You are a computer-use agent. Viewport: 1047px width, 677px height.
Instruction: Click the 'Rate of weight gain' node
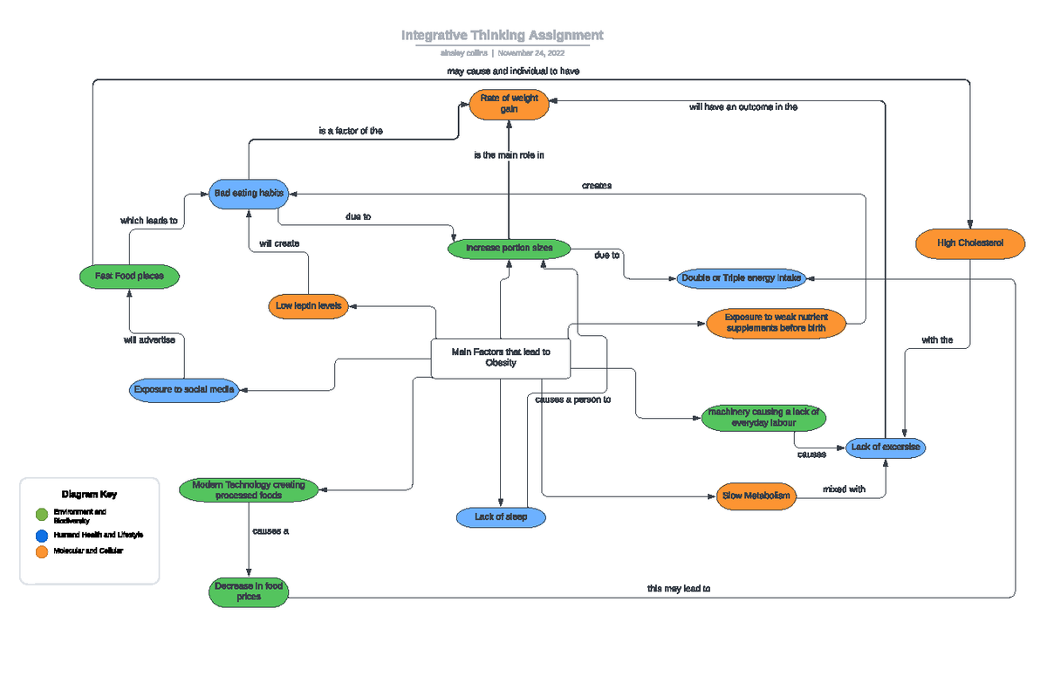[509, 104]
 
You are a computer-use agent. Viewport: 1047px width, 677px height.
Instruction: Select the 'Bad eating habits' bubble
[249, 193]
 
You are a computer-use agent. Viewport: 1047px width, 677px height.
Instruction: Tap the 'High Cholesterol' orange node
[970, 243]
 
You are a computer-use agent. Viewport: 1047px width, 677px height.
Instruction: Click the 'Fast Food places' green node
[129, 277]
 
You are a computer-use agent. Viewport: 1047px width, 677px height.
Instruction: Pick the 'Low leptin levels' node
[308, 305]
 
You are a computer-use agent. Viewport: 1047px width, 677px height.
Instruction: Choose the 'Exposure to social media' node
[183, 390]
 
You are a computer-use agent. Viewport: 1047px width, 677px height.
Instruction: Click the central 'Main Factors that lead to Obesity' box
[501, 358]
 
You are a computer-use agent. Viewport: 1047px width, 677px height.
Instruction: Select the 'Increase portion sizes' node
[509, 249]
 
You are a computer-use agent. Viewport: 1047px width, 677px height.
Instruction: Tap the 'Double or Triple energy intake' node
[741, 278]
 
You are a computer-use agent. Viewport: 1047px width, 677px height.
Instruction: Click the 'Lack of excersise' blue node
[885, 447]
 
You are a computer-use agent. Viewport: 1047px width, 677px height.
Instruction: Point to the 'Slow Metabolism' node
[756, 496]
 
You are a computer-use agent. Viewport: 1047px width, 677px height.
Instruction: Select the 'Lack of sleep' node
[501, 517]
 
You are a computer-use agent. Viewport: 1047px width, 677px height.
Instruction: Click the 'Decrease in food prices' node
[249, 592]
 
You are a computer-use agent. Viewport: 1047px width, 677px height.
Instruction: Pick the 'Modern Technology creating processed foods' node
[249, 489]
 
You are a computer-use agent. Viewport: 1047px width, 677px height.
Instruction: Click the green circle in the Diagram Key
[41, 515]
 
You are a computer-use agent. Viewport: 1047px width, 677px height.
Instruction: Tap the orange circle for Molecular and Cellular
[41, 551]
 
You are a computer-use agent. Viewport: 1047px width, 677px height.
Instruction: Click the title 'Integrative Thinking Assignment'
[502, 36]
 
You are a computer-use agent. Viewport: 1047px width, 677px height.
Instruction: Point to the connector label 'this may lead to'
[678, 589]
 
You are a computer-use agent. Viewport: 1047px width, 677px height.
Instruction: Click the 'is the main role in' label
[509, 155]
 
